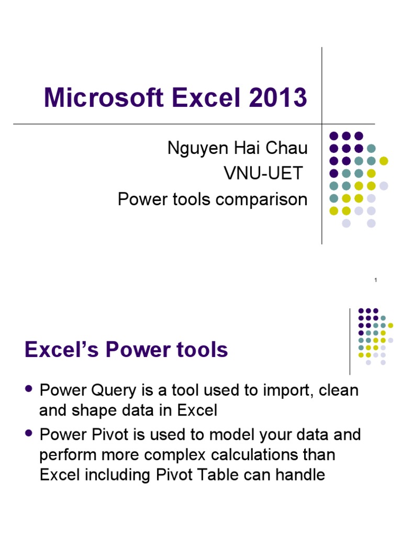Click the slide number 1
coord(375,281)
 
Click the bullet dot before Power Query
coord(29,389)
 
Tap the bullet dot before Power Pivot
coord(29,433)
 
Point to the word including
coord(126,475)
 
